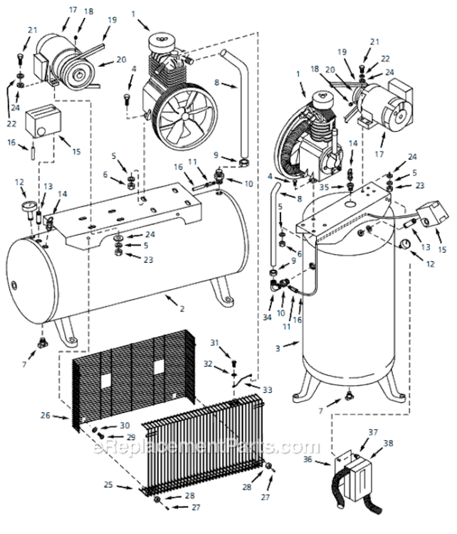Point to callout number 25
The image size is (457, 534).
[x=109, y=485]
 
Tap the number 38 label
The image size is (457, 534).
[x=389, y=442]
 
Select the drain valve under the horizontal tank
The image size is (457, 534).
[x=42, y=343]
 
